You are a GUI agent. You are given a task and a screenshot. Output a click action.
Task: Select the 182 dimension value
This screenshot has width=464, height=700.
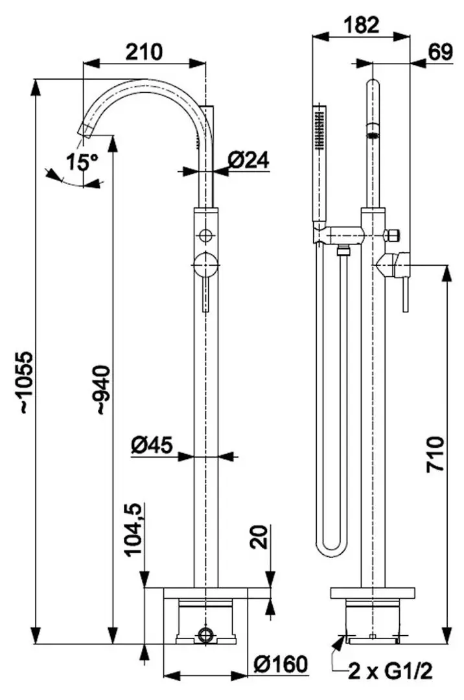[361, 25]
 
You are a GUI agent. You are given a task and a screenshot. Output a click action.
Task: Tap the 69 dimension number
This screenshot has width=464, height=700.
[441, 53]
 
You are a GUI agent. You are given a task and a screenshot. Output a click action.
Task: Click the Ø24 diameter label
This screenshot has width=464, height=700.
[249, 160]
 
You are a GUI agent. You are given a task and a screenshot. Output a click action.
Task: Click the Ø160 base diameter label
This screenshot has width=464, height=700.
[279, 664]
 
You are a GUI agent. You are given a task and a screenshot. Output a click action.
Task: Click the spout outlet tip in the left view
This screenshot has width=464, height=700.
[85, 130]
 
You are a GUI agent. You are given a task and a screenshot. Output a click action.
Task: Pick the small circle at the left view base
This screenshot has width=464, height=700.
[205, 633]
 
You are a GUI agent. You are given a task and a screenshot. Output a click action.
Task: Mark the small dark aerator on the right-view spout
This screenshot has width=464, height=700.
[373, 135]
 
